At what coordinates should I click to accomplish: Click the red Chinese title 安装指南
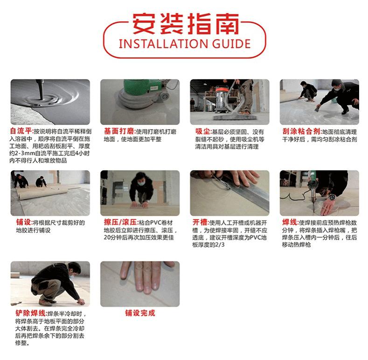pos(186,24)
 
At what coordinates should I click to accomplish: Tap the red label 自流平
pos(21,131)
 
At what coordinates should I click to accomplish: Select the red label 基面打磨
pos(119,131)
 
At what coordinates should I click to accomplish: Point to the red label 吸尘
pos(202,132)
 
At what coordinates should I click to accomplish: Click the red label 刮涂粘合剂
pos(301,131)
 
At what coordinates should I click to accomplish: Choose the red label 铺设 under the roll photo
pos(23,222)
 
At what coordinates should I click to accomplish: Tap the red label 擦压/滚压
pos(120,222)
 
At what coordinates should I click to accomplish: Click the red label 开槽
pos(200,222)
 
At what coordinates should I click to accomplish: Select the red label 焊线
pos(290,222)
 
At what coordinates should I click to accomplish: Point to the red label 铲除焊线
pos(30,313)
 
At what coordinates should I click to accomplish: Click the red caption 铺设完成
pos(140,313)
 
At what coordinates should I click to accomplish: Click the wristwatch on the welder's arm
pos(332,197)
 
